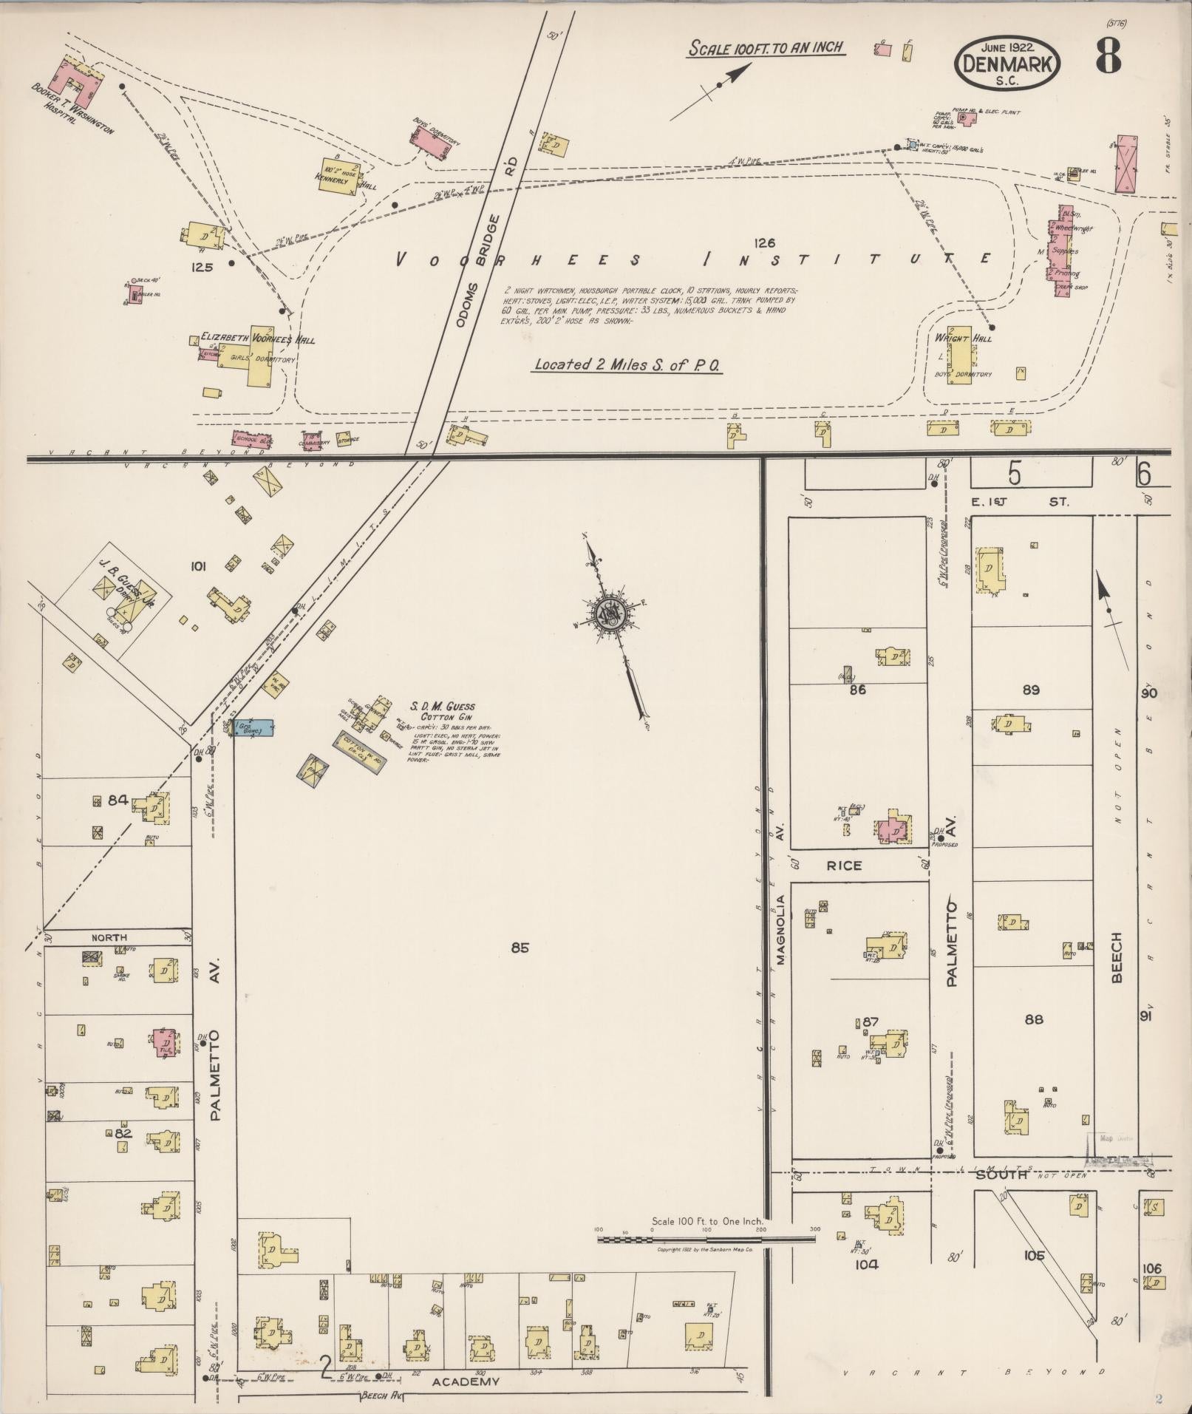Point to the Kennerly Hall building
click(339, 176)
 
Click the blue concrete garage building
click(253, 727)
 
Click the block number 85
click(520, 947)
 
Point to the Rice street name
click(844, 865)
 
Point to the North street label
click(109, 937)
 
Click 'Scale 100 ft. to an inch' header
click(766, 49)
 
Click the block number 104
click(866, 1264)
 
